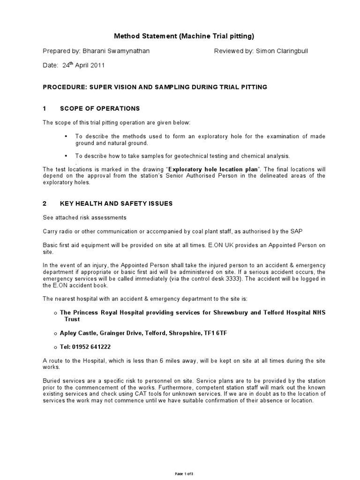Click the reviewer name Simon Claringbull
pyautogui.click(x=282, y=52)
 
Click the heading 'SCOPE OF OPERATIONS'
pyautogui.click(x=99, y=108)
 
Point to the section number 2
pyautogui.click(x=45, y=203)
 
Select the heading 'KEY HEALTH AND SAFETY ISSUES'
pyautogui.click(x=116, y=203)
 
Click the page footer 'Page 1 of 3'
pyautogui.click(x=184, y=474)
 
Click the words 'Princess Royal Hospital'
pyautogui.click(x=111, y=312)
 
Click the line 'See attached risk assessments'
pyautogui.click(x=84, y=217)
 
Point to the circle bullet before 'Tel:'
pyautogui.click(x=56, y=347)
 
